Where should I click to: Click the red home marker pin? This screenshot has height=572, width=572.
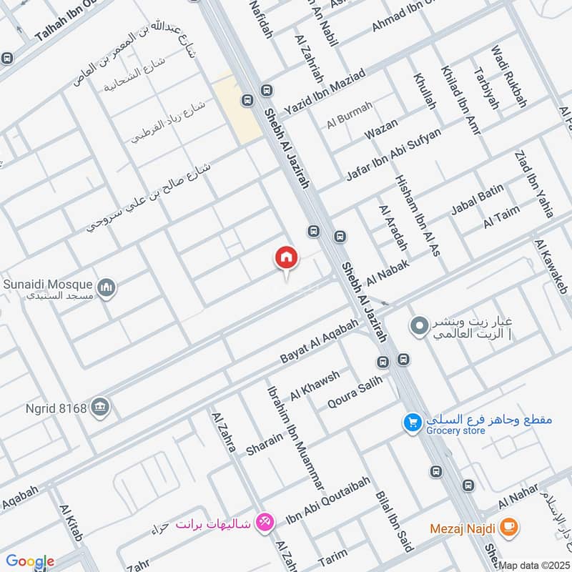point(286,258)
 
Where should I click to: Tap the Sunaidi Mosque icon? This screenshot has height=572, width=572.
point(107,288)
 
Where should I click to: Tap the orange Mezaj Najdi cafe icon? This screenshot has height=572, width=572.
point(509,528)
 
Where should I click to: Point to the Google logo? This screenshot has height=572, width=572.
point(30,562)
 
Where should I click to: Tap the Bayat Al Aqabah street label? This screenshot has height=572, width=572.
point(320,341)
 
